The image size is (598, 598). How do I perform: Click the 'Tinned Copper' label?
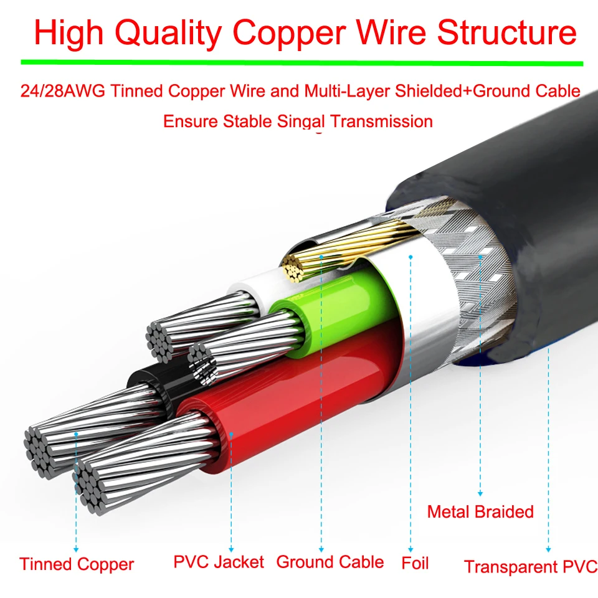[x=77, y=564]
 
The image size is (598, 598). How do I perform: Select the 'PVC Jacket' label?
[x=219, y=562]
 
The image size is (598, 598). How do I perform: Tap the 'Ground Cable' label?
[x=330, y=562]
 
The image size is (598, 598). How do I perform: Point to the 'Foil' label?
[x=415, y=564]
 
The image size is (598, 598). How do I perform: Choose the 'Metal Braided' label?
[x=480, y=512]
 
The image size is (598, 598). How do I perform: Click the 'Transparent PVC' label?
[x=531, y=567]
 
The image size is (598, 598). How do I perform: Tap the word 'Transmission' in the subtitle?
[x=381, y=121]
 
